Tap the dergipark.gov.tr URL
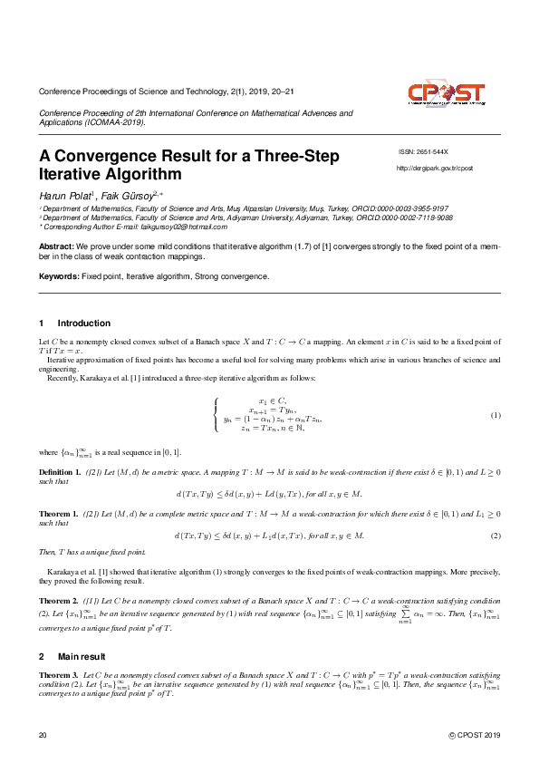[x=435, y=169]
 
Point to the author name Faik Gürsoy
[x=130, y=195]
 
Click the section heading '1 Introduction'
[x=75, y=324]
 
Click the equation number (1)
[x=496, y=415]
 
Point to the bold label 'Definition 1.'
[x=60, y=473]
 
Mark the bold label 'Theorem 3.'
[x=58, y=676]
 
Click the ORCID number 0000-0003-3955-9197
[x=417, y=208]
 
